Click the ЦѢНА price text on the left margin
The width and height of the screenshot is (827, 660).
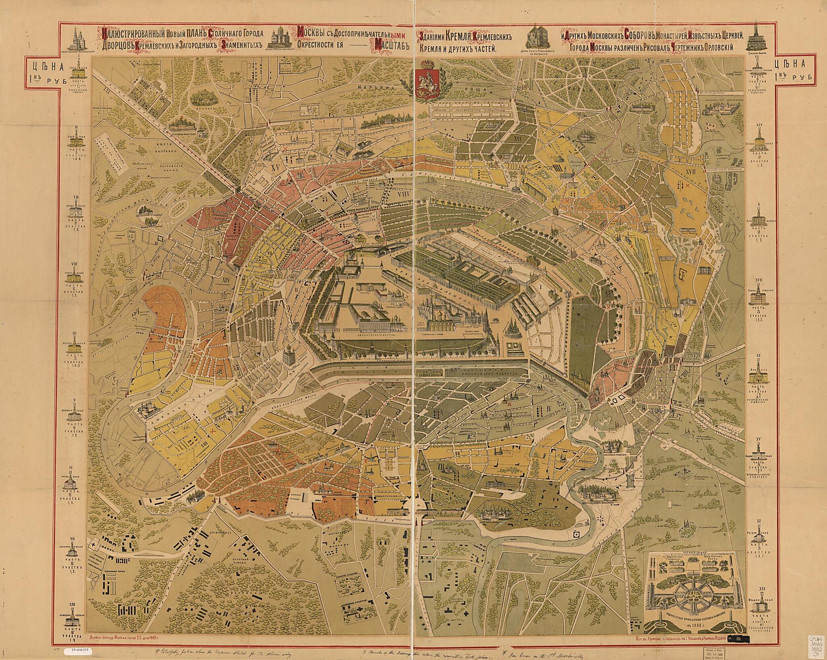(x=44, y=64)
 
